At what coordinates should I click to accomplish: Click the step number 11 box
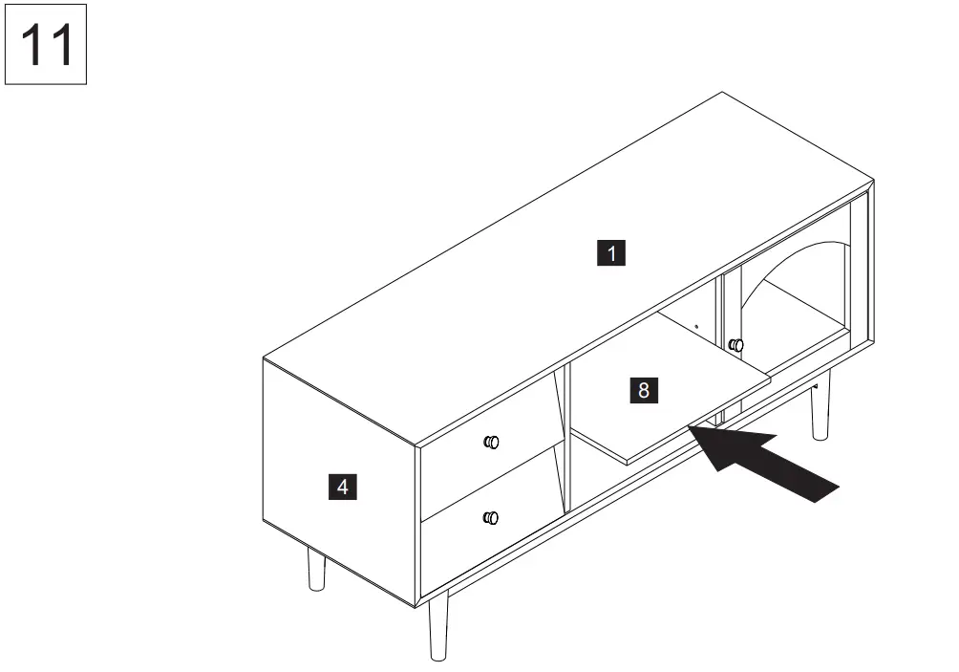46,44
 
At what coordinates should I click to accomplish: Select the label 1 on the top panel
611,253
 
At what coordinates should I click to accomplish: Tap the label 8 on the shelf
644,390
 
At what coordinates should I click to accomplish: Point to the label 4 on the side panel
343,487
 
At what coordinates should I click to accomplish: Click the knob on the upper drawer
491,442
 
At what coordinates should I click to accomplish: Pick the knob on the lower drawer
491,518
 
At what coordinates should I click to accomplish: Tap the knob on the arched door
735,345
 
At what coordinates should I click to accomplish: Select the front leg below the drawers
438,625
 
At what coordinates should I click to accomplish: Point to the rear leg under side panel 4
316,570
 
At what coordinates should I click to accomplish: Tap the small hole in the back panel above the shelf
696,326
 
